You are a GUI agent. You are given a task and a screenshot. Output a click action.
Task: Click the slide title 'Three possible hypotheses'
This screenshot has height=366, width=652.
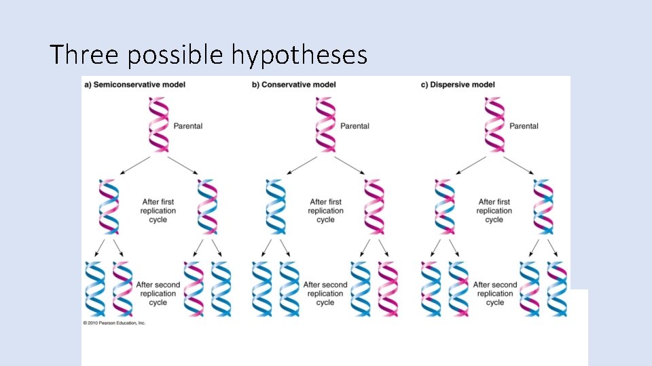tap(209, 54)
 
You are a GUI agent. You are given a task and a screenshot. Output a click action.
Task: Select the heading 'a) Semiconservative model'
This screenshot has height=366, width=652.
tap(134, 85)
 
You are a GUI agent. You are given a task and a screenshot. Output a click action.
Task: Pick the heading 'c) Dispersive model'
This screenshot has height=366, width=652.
tap(458, 85)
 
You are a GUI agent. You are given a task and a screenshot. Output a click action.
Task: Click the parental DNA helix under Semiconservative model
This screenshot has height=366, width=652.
tap(158, 125)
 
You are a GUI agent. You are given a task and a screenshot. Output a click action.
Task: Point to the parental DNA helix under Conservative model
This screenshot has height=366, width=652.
tap(326, 125)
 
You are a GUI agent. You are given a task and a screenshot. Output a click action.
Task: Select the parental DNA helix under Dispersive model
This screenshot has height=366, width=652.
tap(494, 125)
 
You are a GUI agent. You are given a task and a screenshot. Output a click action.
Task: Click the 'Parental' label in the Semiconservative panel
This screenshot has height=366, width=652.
tap(188, 126)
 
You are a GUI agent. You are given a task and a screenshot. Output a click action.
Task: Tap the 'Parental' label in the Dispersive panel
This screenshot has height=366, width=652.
tap(524, 126)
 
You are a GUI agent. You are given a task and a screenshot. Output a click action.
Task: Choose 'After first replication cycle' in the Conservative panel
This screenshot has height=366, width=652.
tap(326, 210)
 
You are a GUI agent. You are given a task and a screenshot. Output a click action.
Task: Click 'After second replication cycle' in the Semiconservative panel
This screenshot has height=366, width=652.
tap(158, 293)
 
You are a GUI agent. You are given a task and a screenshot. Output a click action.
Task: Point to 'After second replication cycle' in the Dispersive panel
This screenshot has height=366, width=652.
tap(495, 293)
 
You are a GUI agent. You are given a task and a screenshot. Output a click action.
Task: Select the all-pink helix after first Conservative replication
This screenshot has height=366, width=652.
tap(374, 207)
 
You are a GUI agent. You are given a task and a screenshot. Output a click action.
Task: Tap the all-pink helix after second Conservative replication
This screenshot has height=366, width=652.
tap(387, 288)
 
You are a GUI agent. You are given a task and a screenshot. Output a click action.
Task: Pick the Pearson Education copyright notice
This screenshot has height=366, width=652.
tap(114, 323)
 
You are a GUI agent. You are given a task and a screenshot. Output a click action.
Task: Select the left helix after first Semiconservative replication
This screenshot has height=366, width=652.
tap(109, 207)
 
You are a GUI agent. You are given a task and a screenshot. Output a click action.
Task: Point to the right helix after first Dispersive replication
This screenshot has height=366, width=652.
tap(543, 207)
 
